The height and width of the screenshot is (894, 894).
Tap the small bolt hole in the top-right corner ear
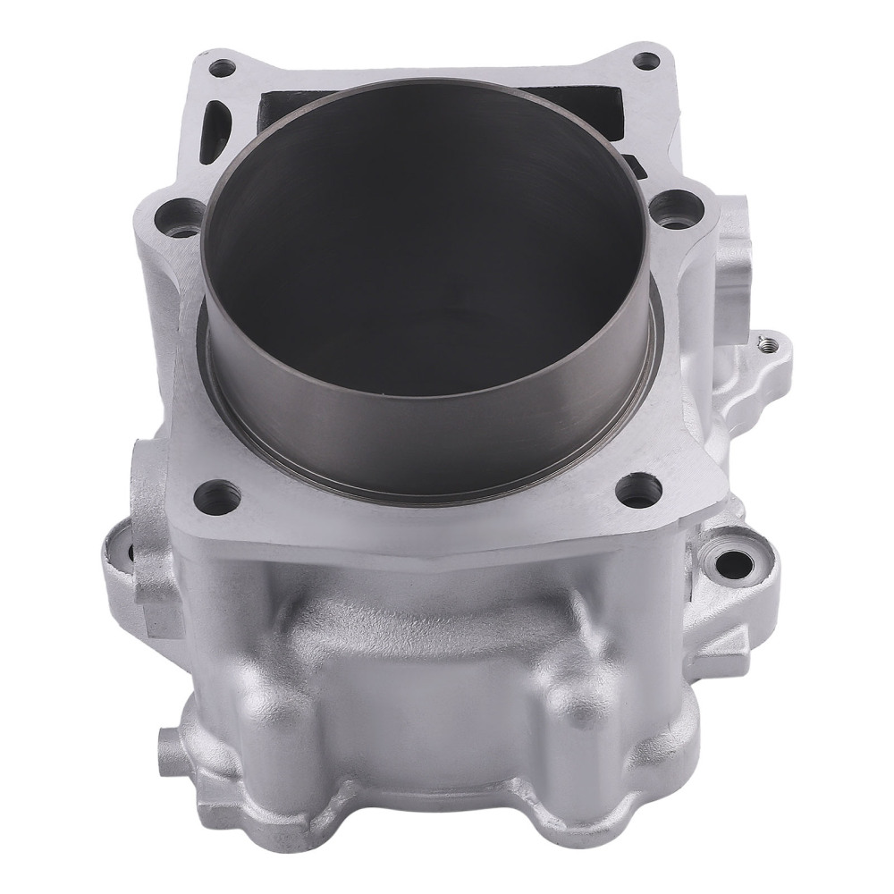coord(643,62)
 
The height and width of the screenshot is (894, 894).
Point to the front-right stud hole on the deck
coord(638,487)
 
